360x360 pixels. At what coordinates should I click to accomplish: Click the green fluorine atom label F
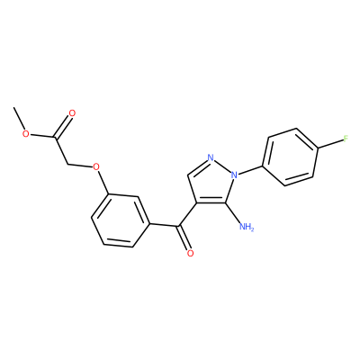pos(346,139)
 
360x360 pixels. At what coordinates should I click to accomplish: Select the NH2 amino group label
pos(247,227)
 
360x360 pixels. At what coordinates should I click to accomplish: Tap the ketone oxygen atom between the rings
pos(190,254)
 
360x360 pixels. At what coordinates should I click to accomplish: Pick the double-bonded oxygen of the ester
pos(72,113)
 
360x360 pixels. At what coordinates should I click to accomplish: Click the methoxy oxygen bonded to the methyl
pos(26,133)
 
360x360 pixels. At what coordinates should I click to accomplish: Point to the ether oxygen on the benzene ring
pos(96,166)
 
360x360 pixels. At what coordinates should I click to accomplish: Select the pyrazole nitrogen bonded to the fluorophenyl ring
pos(234,175)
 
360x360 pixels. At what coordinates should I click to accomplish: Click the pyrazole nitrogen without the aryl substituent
pos(211,157)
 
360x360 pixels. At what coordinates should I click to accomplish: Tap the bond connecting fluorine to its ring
pos(330,143)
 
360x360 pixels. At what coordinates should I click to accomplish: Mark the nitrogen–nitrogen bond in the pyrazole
pos(222,166)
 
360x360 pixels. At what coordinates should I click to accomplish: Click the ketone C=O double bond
pos(184,237)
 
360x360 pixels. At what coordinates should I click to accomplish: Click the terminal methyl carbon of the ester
pos(13,107)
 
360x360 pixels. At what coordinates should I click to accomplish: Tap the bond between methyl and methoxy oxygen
pos(19,119)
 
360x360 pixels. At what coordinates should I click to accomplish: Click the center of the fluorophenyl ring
pos(291,157)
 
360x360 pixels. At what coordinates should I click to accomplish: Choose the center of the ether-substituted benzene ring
pos(121,220)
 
